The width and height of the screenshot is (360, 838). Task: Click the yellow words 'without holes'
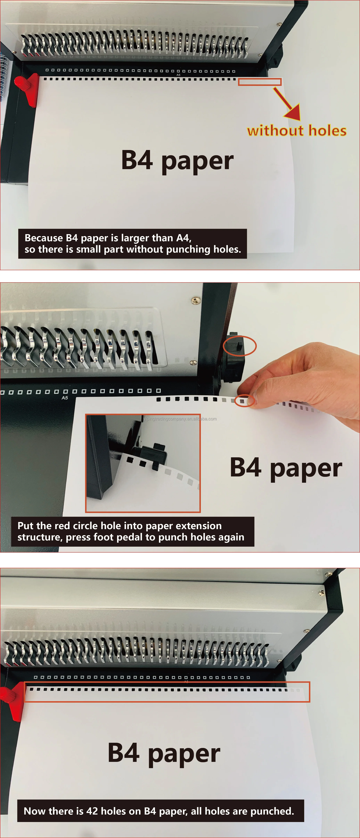point(297,131)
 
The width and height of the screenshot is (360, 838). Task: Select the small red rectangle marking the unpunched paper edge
point(260,82)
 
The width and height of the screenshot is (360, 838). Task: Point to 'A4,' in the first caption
point(184,238)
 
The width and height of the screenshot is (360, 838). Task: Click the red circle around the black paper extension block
point(240,346)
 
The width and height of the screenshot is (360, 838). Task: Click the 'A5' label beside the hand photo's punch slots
point(65,398)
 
